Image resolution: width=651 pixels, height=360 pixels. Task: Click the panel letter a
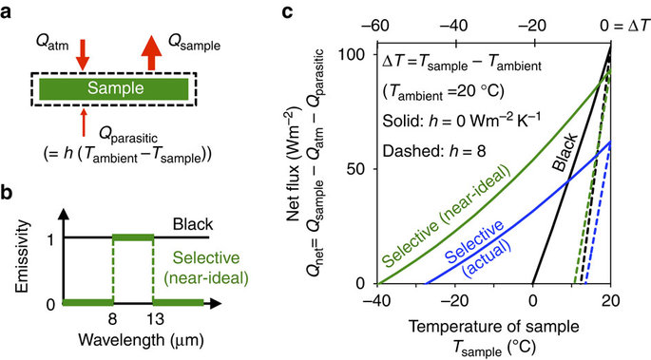coord(10,13)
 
